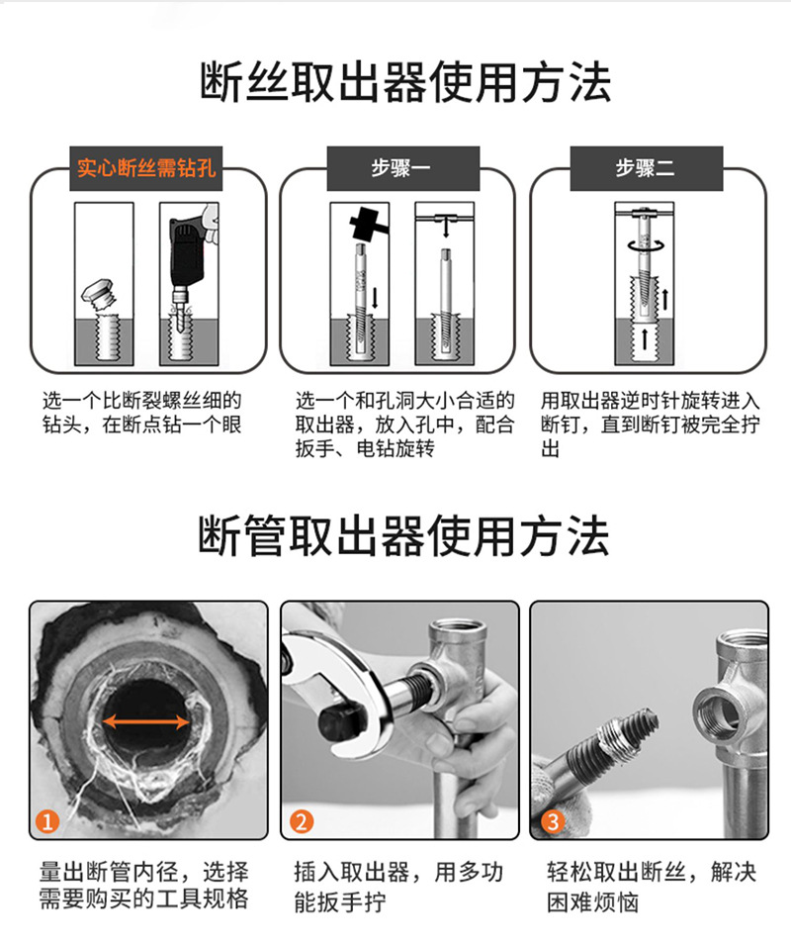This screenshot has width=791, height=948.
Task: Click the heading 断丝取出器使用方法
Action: pyautogui.click(x=405, y=81)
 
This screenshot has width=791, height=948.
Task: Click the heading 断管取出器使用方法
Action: pyautogui.click(x=403, y=535)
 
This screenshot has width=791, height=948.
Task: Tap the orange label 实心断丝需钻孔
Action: pyautogui.click(x=146, y=167)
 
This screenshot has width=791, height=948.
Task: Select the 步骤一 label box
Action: pyautogui.click(x=403, y=167)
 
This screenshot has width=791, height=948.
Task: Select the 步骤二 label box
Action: pyautogui.click(x=646, y=167)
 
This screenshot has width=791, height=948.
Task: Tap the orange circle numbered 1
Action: pyautogui.click(x=47, y=821)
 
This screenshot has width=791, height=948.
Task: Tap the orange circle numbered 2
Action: pyautogui.click(x=302, y=821)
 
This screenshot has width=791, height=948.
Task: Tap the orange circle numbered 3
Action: pyautogui.click(x=553, y=821)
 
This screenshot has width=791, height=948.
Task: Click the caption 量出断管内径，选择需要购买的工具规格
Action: pyautogui.click(x=143, y=886)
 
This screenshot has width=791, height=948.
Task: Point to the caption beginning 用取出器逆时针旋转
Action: pyautogui.click(x=651, y=425)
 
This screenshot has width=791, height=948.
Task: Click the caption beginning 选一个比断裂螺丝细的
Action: pyautogui.click(x=142, y=413)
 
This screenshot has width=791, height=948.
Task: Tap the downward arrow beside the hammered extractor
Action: pyautogui.click(x=376, y=299)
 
